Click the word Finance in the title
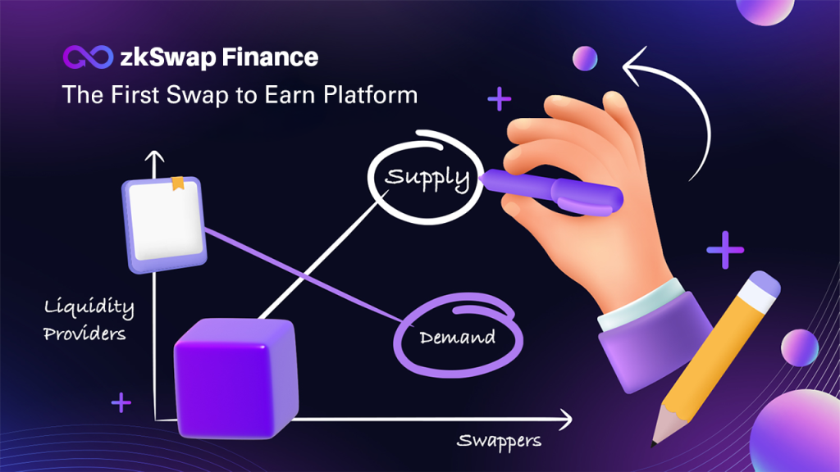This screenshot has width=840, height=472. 270,57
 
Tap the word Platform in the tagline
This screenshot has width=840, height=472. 371,95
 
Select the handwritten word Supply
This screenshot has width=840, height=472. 427,178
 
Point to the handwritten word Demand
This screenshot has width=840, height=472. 458,337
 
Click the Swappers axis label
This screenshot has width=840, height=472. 499,441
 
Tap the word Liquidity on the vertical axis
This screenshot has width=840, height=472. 89,307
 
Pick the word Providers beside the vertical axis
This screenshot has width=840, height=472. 84,334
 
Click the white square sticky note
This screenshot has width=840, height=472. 164,225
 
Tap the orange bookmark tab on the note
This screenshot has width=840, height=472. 178,183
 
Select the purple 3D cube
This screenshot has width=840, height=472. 235,379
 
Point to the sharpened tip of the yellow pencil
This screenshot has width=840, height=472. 654,443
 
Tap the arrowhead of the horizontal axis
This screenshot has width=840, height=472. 566,419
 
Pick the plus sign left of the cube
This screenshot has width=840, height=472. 121,402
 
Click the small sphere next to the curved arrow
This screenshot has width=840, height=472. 585,58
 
